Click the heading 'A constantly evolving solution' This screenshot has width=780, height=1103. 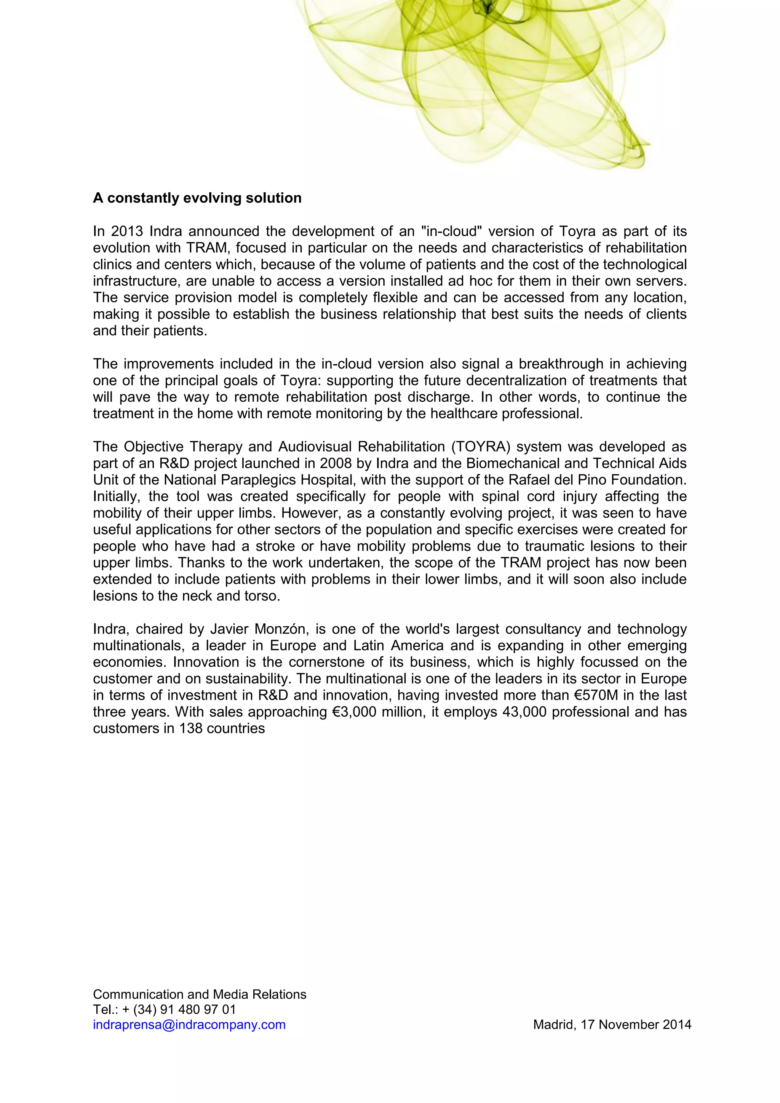197,198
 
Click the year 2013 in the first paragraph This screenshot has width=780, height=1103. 127,231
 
